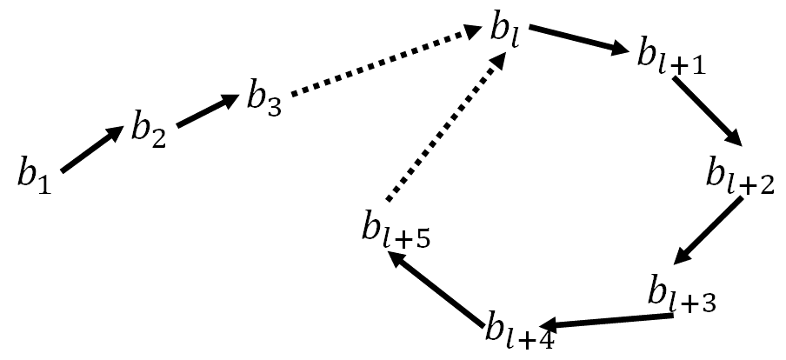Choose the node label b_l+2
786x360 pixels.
739,175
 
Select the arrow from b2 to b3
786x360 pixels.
207,112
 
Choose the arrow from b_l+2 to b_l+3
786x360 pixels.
709,231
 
